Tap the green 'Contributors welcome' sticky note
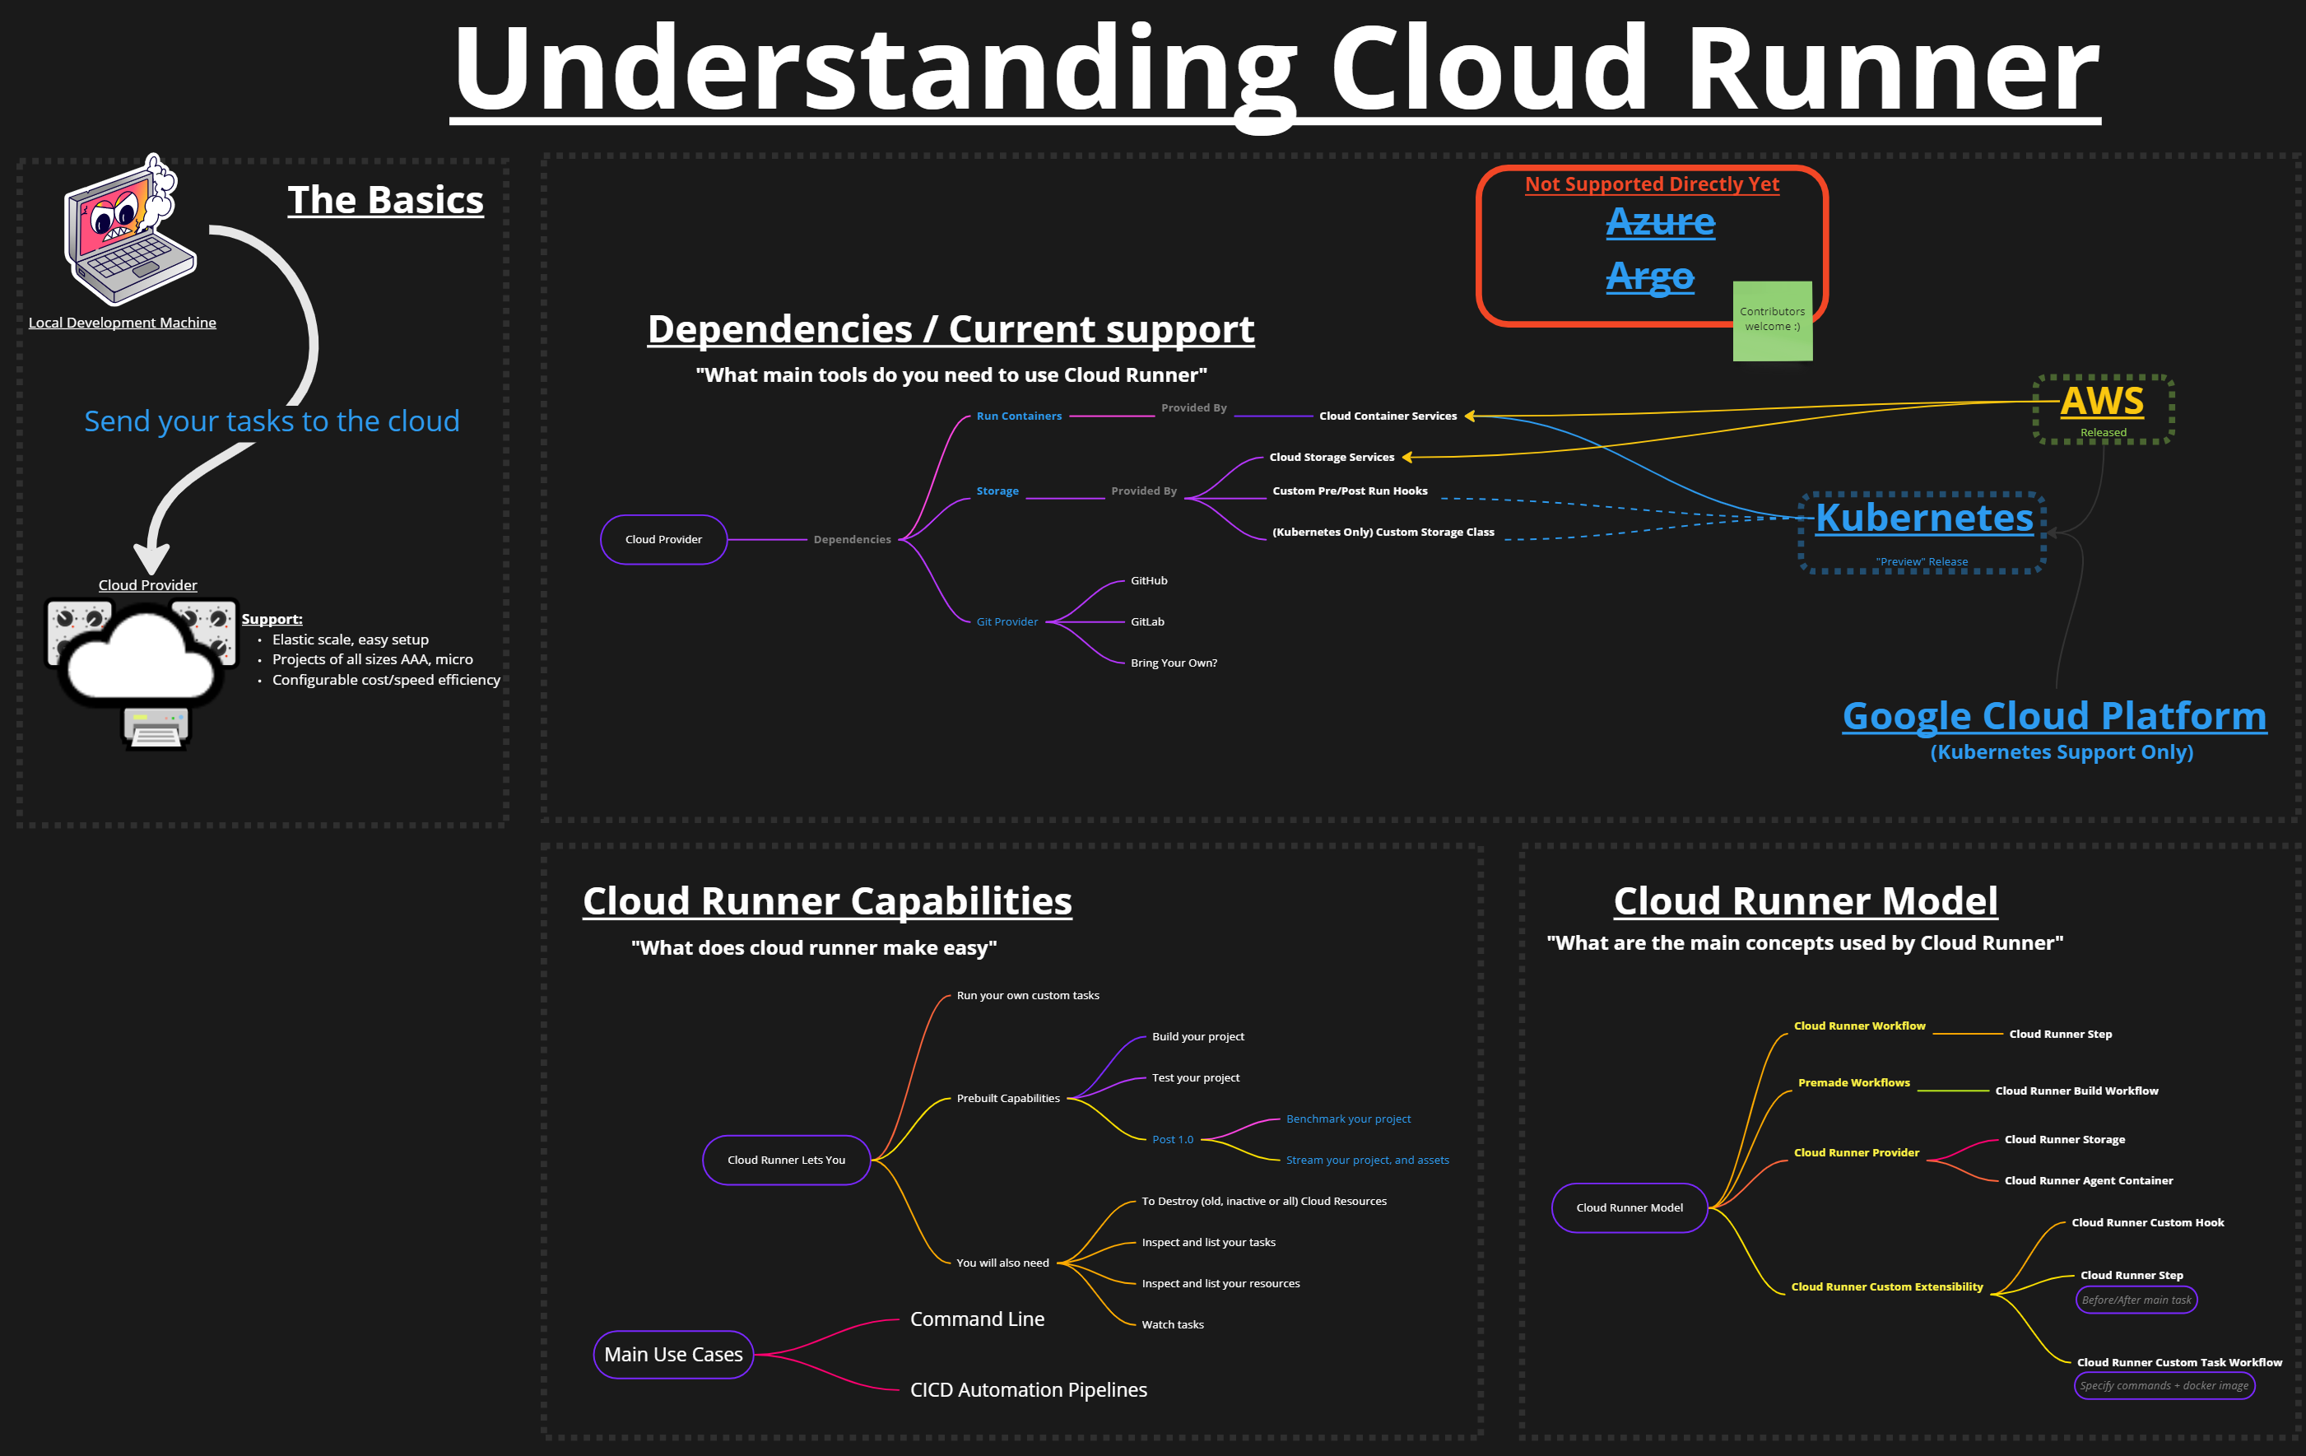click(1772, 320)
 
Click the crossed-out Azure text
click(1661, 222)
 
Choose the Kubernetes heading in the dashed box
click(1924, 519)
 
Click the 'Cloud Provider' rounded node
click(663, 539)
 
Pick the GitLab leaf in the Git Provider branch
click(1147, 621)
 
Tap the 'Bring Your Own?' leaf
click(1173, 663)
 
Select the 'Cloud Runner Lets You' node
click(786, 1160)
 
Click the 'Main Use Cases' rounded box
click(673, 1355)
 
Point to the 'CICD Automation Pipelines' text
click(1029, 1390)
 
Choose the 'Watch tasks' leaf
click(1172, 1325)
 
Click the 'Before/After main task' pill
click(2136, 1300)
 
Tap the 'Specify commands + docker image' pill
click(2164, 1386)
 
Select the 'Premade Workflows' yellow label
click(1853, 1082)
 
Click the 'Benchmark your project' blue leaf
click(1348, 1119)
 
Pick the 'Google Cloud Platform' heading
click(2054, 717)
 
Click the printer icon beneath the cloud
click(156, 727)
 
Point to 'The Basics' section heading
click(385, 200)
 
